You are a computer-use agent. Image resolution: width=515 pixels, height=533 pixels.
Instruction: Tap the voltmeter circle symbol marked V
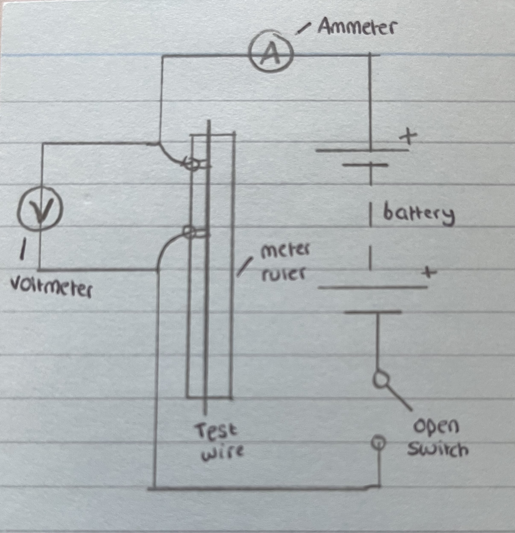point(40,211)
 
